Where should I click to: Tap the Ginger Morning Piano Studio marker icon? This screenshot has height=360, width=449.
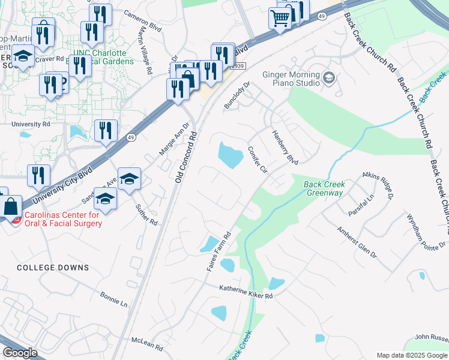tap(328, 77)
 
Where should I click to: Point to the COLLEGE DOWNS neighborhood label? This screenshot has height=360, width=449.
tap(53, 268)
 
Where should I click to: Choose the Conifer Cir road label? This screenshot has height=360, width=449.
tap(257, 160)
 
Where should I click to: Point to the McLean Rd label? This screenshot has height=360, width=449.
tap(147, 343)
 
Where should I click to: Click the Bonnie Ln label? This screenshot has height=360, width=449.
tap(114, 300)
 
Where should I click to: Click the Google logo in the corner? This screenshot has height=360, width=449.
tap(20, 353)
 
